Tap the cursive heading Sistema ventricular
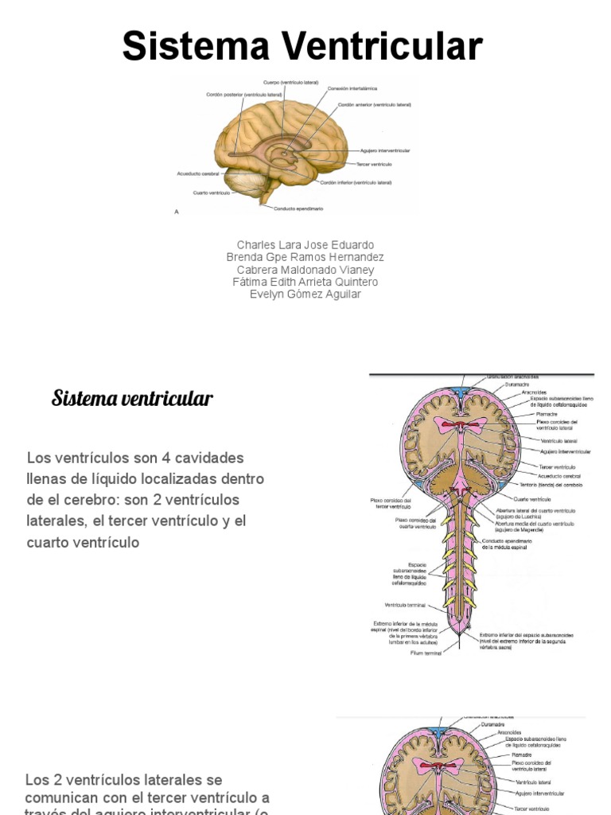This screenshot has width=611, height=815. pos(132,398)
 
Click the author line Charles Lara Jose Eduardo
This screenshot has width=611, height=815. pos(305,244)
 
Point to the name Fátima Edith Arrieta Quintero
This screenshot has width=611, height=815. pos(305,282)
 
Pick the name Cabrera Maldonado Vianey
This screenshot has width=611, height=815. pos(305,270)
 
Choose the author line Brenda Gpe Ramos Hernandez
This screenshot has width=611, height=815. pos(305,257)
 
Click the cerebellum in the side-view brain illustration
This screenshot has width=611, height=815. pos(247,184)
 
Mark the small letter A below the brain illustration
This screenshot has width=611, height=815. pos(177,212)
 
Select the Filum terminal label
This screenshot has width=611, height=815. pos(426,653)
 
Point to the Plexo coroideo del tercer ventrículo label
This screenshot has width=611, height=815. pos(391,503)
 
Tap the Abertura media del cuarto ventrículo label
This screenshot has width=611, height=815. pos(535,525)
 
